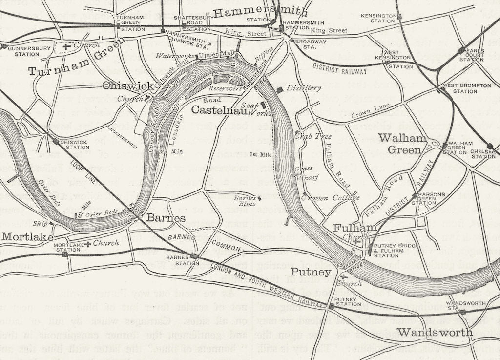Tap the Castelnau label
(215, 110)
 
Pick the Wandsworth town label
(435, 333)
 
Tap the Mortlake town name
(27, 237)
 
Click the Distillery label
(304, 88)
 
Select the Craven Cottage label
(330, 198)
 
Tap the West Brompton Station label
(466, 88)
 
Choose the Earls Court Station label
(471, 55)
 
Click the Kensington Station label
(377, 18)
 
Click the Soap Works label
(253, 109)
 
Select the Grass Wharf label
(304, 173)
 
